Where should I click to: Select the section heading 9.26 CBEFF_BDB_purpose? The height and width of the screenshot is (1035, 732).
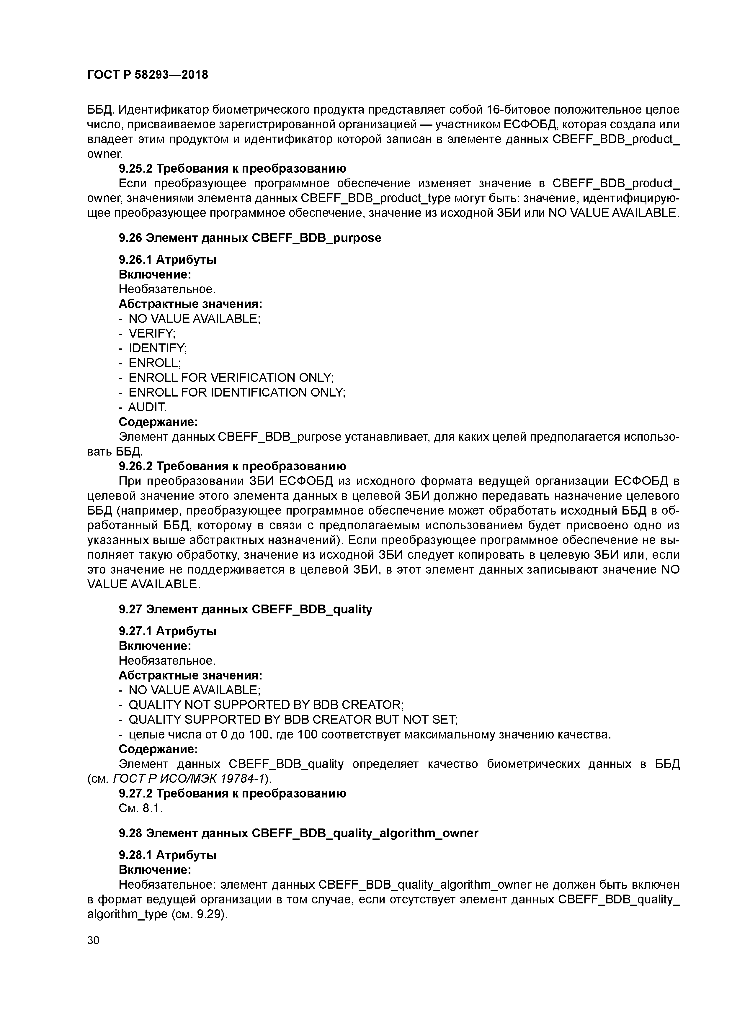pyautogui.click(x=250, y=238)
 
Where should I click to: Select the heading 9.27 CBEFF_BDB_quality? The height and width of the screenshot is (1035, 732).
pyautogui.click(x=245, y=610)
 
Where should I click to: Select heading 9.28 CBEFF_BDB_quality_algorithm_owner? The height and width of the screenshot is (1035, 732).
pyautogui.click(x=298, y=833)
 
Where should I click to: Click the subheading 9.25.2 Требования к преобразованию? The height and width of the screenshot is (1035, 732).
pyautogui.click(x=232, y=168)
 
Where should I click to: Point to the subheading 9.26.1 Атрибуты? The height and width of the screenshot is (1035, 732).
pyautogui.click(x=167, y=260)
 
